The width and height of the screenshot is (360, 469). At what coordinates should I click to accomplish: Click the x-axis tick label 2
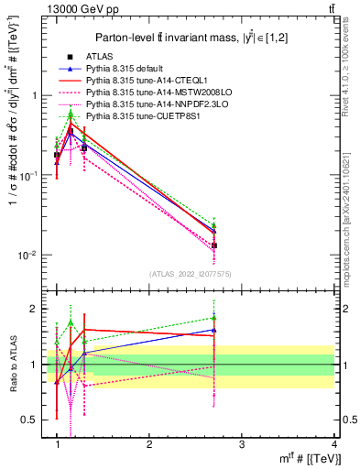tap(149, 444)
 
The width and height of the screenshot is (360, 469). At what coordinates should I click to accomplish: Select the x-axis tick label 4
tap(334, 444)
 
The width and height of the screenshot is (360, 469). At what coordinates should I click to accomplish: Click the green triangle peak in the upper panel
tap(71, 114)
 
